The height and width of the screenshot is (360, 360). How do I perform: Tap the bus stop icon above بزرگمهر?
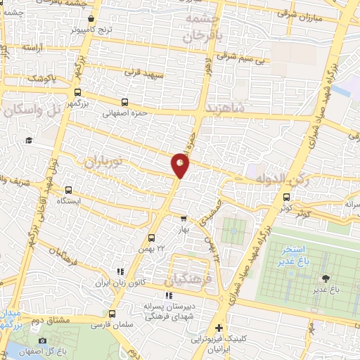tap(77, 91)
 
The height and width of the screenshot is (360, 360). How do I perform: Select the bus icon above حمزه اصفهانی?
tap(124, 102)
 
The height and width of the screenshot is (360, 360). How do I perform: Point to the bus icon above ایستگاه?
tap(69, 189)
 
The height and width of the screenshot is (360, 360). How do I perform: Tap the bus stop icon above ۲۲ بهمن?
tap(151, 237)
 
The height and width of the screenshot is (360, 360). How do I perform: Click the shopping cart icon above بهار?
tap(184, 219)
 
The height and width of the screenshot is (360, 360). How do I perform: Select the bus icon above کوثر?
tap(285, 198)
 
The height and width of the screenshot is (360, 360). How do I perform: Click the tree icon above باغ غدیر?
tap(324, 278)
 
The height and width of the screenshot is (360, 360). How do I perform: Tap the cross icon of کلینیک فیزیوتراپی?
tap(219, 328)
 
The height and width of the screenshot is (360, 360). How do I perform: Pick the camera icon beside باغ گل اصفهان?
tap(43, 341)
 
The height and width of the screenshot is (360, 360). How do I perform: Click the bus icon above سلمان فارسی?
tap(113, 314)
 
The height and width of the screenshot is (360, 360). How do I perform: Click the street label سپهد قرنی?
tap(143, 72)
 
